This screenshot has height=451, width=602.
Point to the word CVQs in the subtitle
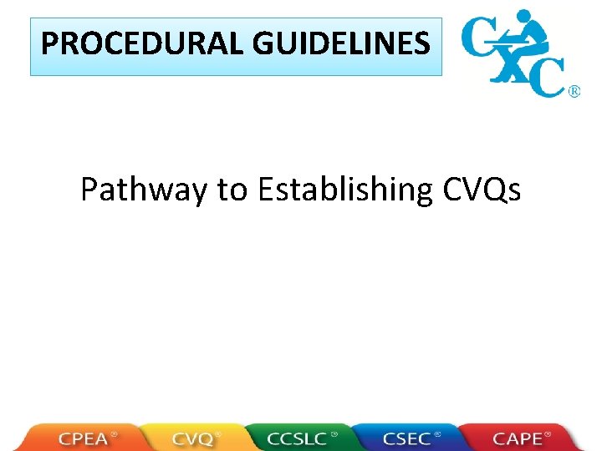(x=480, y=190)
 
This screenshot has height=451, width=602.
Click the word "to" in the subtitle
(x=231, y=190)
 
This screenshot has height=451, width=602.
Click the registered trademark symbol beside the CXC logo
(x=574, y=92)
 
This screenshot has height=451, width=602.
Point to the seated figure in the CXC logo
(x=522, y=38)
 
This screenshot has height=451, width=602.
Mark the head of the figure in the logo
(x=524, y=16)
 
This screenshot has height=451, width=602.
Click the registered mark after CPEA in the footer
(x=115, y=434)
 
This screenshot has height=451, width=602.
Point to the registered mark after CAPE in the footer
(x=548, y=434)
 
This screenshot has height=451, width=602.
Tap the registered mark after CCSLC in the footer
(x=334, y=434)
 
